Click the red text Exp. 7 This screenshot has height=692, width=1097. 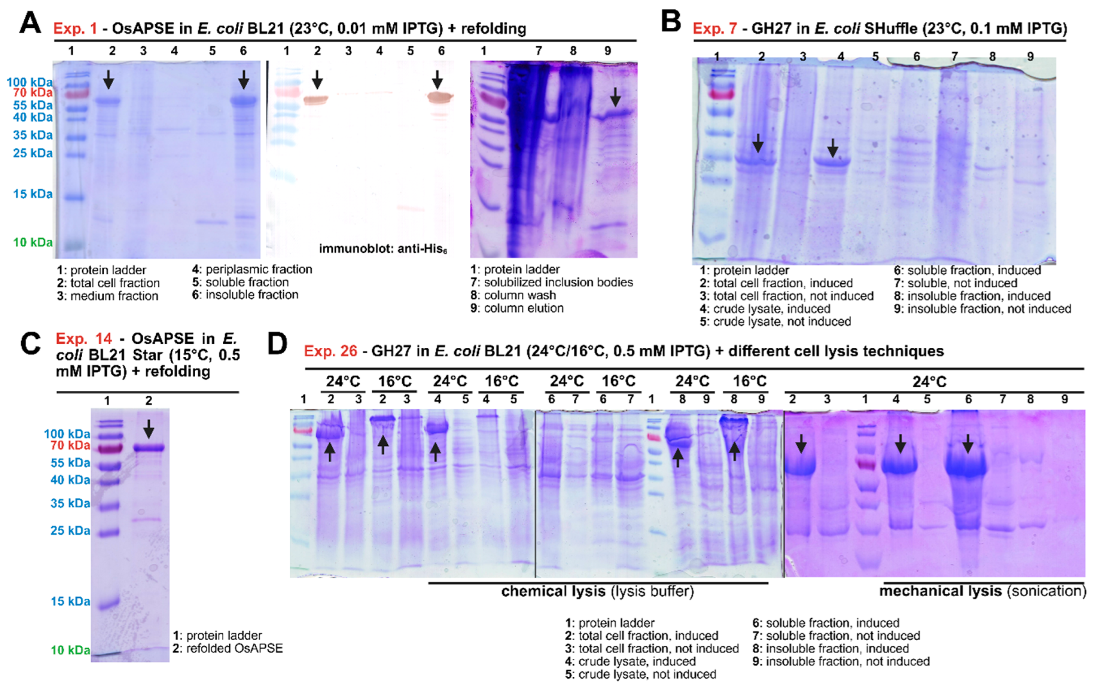(714, 29)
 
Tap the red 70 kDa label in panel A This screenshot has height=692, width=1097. (33, 93)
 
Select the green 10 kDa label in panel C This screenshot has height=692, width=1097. (70, 650)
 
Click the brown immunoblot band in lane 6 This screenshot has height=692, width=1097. (440, 97)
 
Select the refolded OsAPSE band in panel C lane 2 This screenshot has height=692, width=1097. (149, 448)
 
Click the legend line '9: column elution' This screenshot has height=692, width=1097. (517, 308)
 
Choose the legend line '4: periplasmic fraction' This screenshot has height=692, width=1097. (252, 270)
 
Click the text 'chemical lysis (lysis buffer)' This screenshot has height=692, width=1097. (598, 591)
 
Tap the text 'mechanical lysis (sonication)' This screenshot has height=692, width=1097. (982, 591)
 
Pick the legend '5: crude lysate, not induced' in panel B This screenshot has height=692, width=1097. (775, 322)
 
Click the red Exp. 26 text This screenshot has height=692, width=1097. (330, 351)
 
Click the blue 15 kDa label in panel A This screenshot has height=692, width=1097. (33, 194)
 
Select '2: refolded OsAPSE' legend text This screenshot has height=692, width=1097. (228, 648)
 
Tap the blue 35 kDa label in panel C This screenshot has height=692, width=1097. (70, 503)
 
